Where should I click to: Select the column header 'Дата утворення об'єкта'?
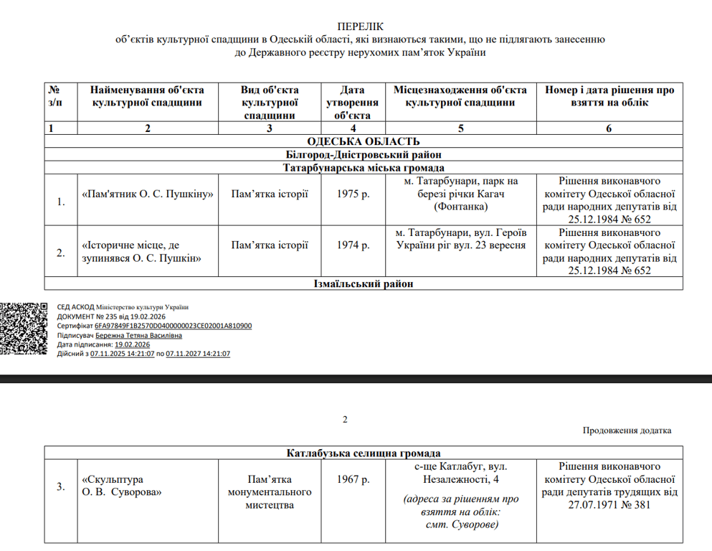pyautogui.click(x=352, y=102)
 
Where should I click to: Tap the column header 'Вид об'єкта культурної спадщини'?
pyautogui.click(x=270, y=102)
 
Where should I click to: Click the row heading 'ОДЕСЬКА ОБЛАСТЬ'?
pyautogui.click(x=364, y=141)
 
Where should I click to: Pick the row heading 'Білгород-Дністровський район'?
pyautogui.click(x=364, y=154)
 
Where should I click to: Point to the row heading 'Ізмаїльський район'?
pyautogui.click(x=364, y=284)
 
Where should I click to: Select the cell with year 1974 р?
pyautogui.click(x=353, y=245)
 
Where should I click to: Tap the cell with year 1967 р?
pyautogui.click(x=353, y=480)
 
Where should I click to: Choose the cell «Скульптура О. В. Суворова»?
pyautogui.click(x=122, y=486)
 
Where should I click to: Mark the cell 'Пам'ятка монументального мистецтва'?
pyautogui.click(x=270, y=492)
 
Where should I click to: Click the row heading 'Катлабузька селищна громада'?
pyautogui.click(x=364, y=453)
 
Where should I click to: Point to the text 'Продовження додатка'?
pyautogui.click(x=627, y=430)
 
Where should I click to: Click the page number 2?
pyautogui.click(x=345, y=420)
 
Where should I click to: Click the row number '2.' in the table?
pyautogui.click(x=61, y=253)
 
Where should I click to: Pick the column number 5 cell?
pyautogui.click(x=461, y=128)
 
